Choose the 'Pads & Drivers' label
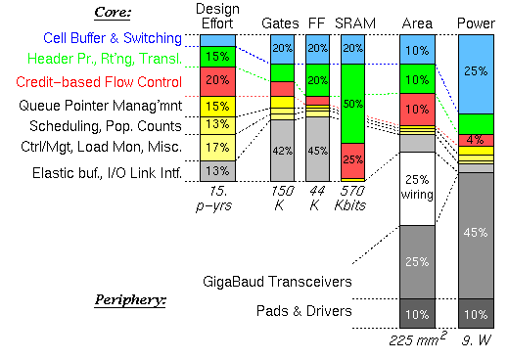pos(304,312)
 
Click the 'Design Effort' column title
pos(217,16)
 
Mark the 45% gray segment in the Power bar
pos(478,233)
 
